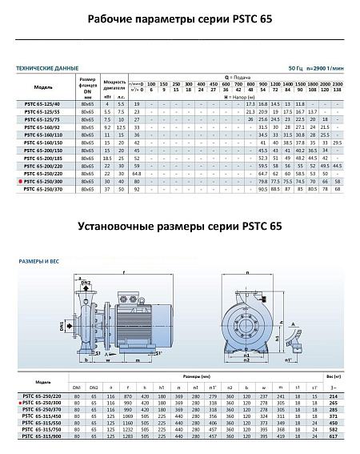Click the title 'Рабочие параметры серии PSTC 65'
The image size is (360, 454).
click(180, 19)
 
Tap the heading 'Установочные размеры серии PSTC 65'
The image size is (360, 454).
click(180, 227)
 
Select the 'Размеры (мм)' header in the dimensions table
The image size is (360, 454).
click(195, 376)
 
